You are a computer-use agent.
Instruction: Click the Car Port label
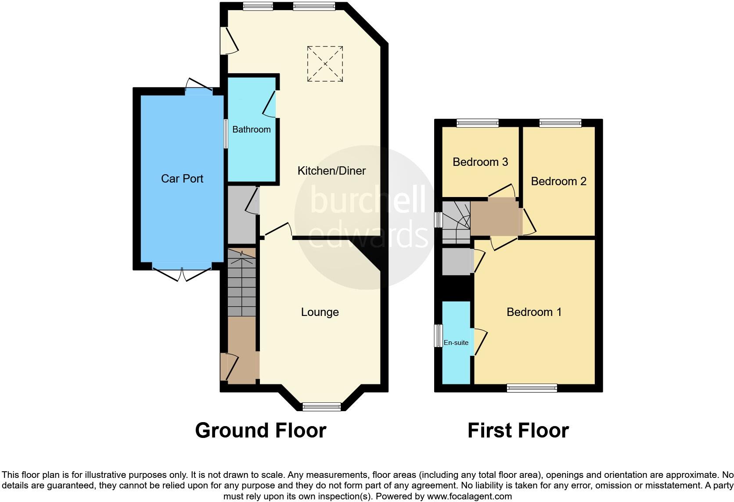click(x=182, y=179)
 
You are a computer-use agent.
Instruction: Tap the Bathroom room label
click(x=251, y=129)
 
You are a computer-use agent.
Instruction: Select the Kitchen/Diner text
click(x=331, y=171)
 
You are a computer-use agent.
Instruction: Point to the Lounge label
click(x=320, y=312)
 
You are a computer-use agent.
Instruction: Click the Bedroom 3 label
click(x=480, y=162)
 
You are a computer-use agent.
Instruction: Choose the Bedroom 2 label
click(x=558, y=181)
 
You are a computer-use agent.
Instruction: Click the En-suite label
click(x=456, y=343)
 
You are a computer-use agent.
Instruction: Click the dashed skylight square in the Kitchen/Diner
click(x=325, y=64)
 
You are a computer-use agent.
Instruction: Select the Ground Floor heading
click(x=260, y=430)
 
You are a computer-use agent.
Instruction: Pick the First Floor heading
click(x=518, y=430)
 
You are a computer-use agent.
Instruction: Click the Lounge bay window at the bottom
click(x=322, y=406)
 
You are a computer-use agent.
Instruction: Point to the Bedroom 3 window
click(x=478, y=123)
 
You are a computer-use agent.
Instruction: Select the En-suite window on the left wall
click(x=438, y=336)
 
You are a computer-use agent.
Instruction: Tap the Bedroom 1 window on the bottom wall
click(x=532, y=388)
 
